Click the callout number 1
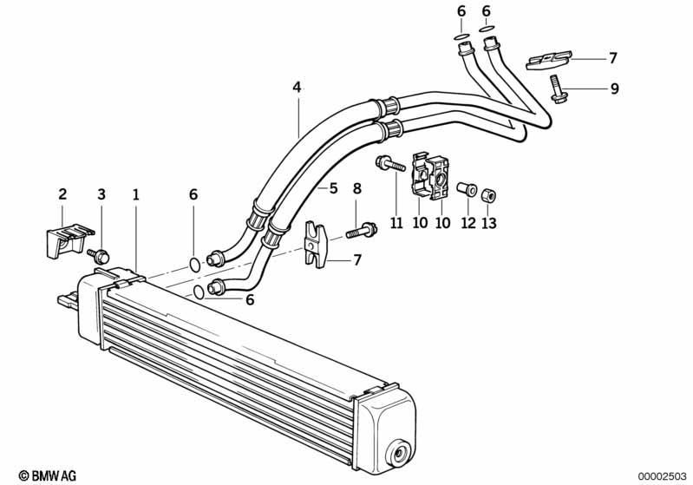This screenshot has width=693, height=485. coord(136,194)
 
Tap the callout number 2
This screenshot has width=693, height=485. coord(62,193)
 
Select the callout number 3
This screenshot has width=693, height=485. coord(101,194)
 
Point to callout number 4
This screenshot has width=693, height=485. coord(297,87)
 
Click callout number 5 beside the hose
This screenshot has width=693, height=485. coord(333,188)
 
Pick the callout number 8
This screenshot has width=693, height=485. coord(357,189)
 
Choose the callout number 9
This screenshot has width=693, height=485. coord(614,88)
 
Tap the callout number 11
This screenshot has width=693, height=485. coord(396,223)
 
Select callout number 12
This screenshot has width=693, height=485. coord(468,223)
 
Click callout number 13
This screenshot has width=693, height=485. coord(489,223)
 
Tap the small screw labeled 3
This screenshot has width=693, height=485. coord(99,256)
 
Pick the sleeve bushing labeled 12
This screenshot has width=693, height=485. coord(467,189)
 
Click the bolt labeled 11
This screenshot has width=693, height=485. coord(390,164)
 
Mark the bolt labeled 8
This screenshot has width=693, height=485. coord(361,230)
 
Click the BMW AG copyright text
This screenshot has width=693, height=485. coord(48,475)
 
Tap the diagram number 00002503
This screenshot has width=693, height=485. coord(663,475)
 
